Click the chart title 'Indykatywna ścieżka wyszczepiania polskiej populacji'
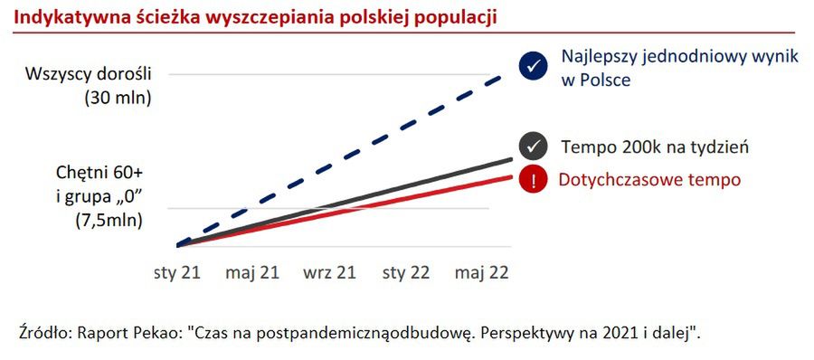pyautogui.click(x=256, y=17)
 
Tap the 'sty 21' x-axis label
pyautogui.click(x=177, y=272)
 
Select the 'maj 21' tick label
pyautogui.click(x=252, y=272)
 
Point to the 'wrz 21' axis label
pyautogui.click(x=329, y=272)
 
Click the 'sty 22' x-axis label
pyautogui.click(x=406, y=272)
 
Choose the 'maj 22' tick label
pyautogui.click(x=482, y=272)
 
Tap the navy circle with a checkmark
pyautogui.click(x=533, y=65)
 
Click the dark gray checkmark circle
pyautogui.click(x=533, y=146)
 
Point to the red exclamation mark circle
pyautogui.click(x=533, y=179)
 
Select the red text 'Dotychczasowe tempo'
pyautogui.click(x=648, y=179)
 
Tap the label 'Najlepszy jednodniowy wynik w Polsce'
pyautogui.click(x=679, y=68)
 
